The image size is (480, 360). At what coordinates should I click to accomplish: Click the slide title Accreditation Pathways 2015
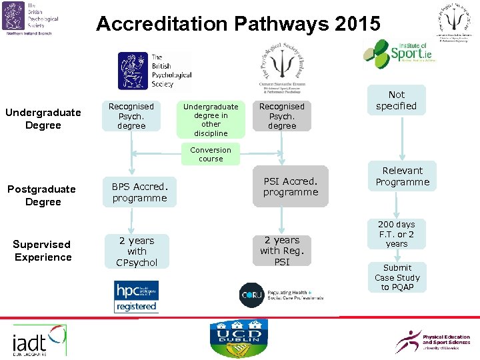click(x=239, y=24)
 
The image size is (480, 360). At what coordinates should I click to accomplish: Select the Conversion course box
click(x=211, y=155)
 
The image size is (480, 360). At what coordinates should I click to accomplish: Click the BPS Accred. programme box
click(x=139, y=192)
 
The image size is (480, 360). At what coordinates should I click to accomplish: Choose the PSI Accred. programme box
click(x=291, y=187)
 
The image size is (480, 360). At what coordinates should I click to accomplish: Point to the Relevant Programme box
click(x=402, y=177)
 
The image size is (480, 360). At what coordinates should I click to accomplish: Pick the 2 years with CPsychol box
click(x=137, y=251)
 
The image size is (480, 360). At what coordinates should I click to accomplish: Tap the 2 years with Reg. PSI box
click(x=282, y=251)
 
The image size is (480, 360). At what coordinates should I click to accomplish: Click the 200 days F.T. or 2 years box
click(x=396, y=235)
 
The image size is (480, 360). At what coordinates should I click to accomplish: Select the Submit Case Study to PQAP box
click(x=397, y=277)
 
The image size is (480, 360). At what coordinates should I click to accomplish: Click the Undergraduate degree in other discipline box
click(x=211, y=120)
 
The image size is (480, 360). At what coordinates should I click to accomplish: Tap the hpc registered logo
click(x=136, y=297)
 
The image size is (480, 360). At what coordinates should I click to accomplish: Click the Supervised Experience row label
click(x=43, y=251)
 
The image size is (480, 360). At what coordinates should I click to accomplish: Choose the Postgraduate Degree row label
click(x=43, y=195)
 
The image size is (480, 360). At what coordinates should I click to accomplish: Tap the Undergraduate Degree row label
click(x=43, y=119)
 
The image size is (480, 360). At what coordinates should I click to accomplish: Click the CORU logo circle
click(x=251, y=295)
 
